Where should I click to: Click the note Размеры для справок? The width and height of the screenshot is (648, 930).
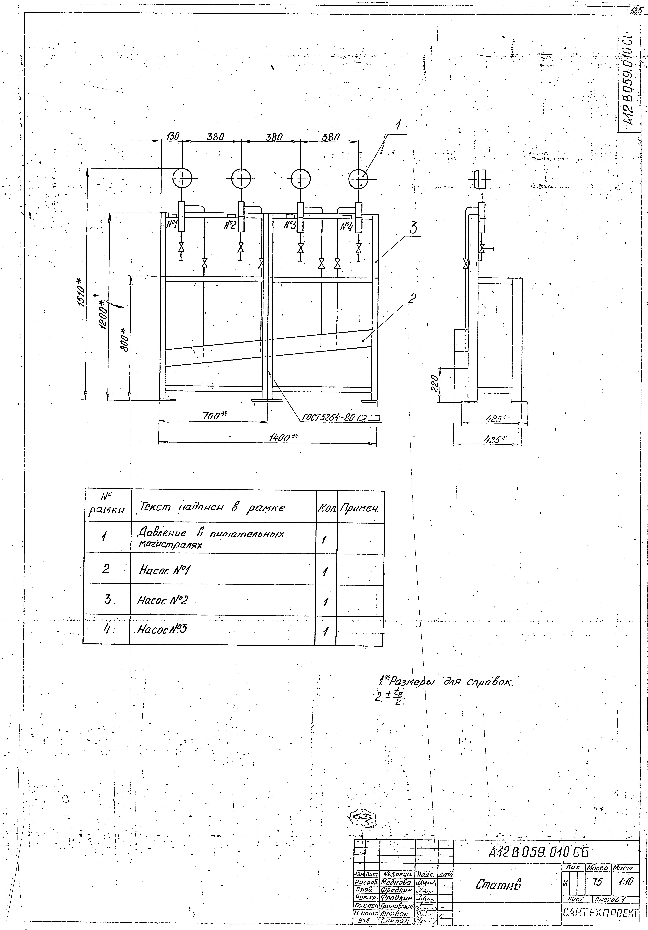pos(445,683)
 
